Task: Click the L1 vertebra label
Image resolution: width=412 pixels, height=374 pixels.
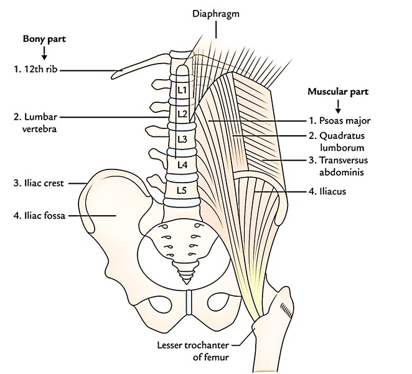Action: point(182,89)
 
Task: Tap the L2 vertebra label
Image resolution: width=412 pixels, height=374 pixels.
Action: point(182,113)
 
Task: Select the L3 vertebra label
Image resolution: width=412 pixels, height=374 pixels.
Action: point(182,138)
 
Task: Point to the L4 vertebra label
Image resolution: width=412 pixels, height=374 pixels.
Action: point(182,165)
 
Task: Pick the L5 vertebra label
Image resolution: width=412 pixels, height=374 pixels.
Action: point(182,189)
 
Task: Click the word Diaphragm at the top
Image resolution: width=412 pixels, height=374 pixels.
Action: point(217,12)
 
